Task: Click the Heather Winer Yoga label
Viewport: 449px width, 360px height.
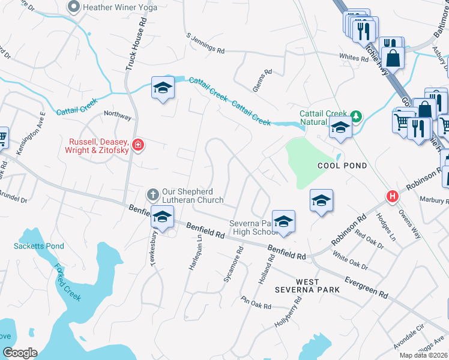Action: point(120,8)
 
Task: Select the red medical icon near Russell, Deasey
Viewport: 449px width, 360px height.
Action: point(137,145)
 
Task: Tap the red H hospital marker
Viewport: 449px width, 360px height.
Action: point(393,196)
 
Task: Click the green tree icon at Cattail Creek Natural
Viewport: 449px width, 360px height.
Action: point(356,115)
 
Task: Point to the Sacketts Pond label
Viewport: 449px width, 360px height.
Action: point(38,246)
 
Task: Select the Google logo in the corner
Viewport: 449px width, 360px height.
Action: point(20,353)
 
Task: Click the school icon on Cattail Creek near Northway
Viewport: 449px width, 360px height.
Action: point(162,88)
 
